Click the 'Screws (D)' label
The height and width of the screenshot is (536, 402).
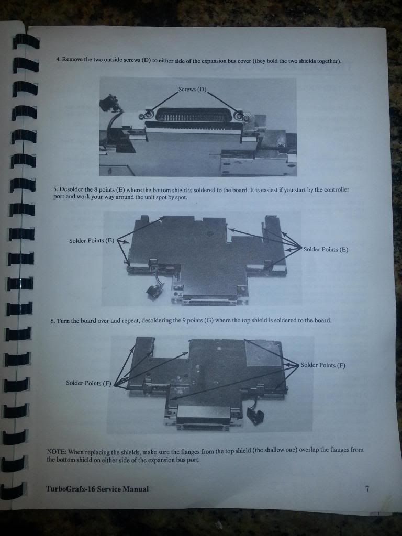(193, 89)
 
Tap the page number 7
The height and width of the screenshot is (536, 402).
(367, 489)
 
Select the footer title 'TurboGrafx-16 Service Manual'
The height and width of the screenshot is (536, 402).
(97, 489)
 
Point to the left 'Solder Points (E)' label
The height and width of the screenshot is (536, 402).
(92, 241)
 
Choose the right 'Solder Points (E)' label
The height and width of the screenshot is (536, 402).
(326, 249)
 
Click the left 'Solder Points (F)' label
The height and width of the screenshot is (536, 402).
(88, 383)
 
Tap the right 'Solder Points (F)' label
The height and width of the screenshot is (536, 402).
(323, 365)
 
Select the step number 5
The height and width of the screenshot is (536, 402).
(55, 189)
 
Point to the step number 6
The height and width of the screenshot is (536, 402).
(53, 321)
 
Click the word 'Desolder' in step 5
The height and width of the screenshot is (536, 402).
(71, 189)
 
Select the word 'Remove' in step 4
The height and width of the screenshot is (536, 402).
(72, 59)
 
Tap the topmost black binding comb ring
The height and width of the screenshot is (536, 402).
(26, 41)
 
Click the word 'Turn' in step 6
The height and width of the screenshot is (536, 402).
(63, 321)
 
